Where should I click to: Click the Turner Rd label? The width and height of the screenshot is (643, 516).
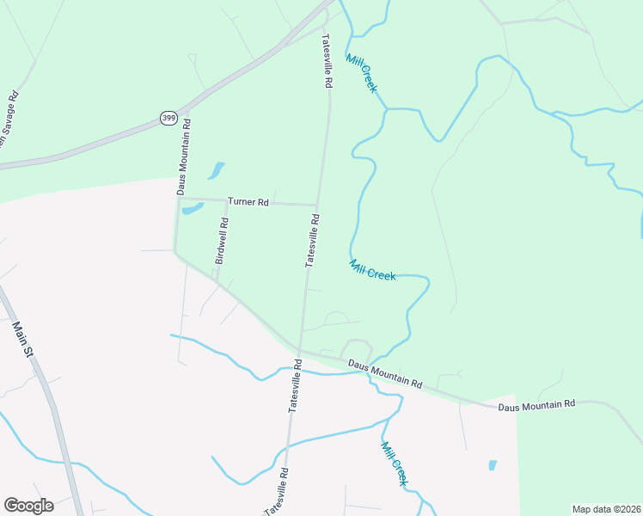click(x=248, y=202)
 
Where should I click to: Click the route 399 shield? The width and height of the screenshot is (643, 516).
click(x=168, y=118)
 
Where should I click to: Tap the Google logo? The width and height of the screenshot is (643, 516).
click(x=28, y=505)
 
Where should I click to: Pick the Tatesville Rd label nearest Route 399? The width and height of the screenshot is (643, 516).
click(x=327, y=61)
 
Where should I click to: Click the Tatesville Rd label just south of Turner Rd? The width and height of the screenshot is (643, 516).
click(x=313, y=242)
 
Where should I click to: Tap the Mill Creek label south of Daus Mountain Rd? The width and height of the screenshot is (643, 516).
click(x=394, y=464)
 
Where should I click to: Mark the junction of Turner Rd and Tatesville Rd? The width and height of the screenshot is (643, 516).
click(x=317, y=205)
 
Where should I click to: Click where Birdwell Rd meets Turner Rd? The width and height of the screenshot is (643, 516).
click(x=226, y=201)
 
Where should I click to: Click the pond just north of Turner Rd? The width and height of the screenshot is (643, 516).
click(x=217, y=169)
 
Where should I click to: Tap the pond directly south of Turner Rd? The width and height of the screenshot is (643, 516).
click(x=193, y=208)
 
